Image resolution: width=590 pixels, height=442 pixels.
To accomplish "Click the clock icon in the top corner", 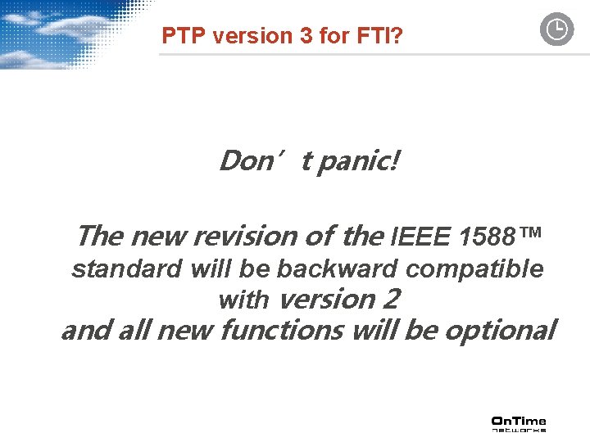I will (x=556, y=30).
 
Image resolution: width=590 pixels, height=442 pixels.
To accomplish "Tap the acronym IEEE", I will (x=421, y=238).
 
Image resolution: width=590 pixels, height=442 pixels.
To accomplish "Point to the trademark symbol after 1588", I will (x=530, y=236).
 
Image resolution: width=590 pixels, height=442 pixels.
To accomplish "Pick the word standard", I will (x=127, y=268).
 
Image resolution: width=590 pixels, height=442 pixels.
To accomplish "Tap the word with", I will (x=243, y=300).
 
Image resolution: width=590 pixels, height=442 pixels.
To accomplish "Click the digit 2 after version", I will (x=391, y=300).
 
